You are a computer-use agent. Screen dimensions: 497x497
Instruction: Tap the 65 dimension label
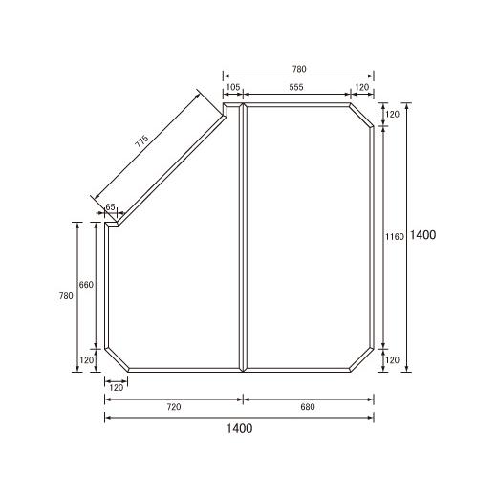click(x=110, y=207)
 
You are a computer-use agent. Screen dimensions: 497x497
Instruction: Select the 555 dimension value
click(x=296, y=87)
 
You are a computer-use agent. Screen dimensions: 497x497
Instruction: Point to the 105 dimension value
click(x=232, y=87)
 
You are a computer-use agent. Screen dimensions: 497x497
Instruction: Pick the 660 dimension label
click(x=85, y=286)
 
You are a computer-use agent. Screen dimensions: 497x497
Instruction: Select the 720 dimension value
click(x=173, y=406)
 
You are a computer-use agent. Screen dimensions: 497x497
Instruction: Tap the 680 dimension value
click(x=307, y=406)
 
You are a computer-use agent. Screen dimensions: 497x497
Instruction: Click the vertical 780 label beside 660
click(x=65, y=296)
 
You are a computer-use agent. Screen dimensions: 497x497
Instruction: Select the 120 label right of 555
click(x=360, y=87)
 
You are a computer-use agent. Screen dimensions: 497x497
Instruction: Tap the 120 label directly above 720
click(x=117, y=387)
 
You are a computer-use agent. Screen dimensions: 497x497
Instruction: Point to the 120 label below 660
click(x=86, y=360)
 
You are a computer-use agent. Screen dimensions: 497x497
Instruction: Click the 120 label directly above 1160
click(x=392, y=115)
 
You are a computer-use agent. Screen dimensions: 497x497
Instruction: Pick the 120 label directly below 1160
click(x=392, y=359)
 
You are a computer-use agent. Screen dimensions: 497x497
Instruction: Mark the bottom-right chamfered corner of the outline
click(x=361, y=358)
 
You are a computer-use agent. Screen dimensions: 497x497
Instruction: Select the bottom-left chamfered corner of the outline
click(x=117, y=358)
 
